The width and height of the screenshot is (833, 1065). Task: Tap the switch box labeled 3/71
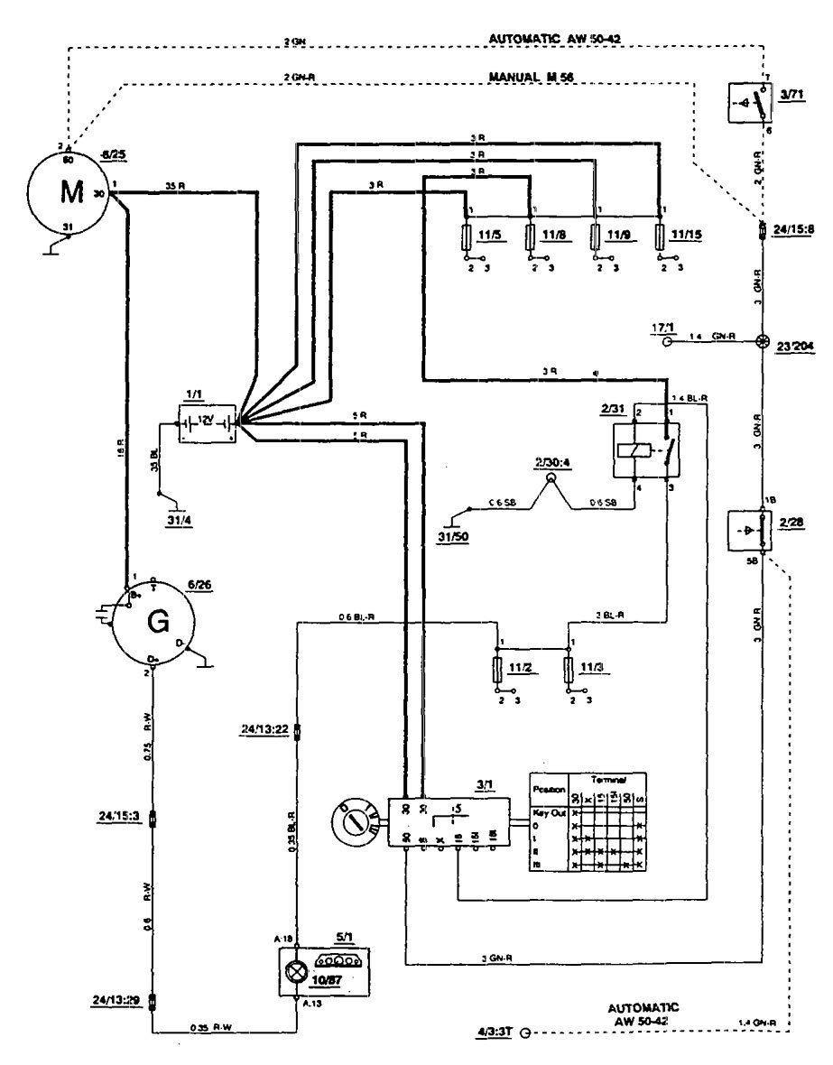pos(752,104)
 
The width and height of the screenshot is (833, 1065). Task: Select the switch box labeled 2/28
pos(753,532)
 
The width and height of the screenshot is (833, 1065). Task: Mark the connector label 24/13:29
pos(117,999)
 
